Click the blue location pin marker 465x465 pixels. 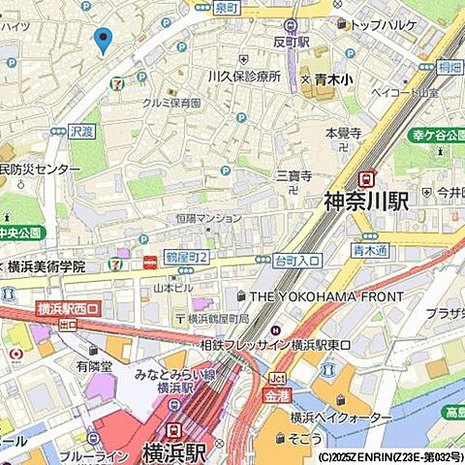tap(103, 40)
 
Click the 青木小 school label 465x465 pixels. tap(335, 81)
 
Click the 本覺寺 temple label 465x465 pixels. tap(343, 133)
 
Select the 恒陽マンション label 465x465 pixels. tap(207, 219)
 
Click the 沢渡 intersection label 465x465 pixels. tap(83, 130)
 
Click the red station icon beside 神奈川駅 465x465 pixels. tap(366, 178)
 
